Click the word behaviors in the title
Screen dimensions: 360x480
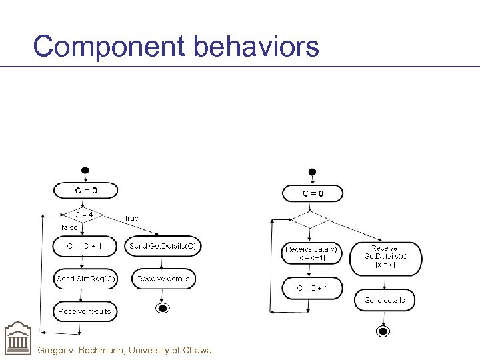[x=257, y=47]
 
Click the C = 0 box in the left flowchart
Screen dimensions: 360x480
[x=85, y=190]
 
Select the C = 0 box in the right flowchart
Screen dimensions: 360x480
[x=313, y=193]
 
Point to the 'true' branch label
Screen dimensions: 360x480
[x=131, y=218]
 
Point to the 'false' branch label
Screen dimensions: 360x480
[x=69, y=227]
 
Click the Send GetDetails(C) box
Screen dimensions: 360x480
[x=163, y=246]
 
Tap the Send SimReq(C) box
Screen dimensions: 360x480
[x=85, y=279]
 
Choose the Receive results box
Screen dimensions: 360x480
[x=85, y=311]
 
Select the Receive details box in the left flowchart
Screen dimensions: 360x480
[x=163, y=279]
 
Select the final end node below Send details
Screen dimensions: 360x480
[x=382, y=331]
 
